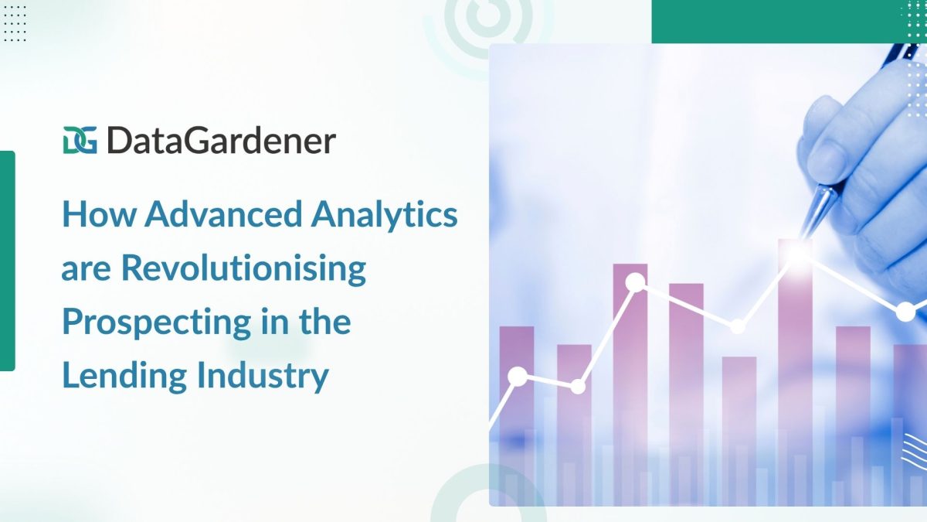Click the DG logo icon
(80, 140)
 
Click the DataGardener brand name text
(222, 141)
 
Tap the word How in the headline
(100, 214)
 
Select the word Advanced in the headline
(223, 214)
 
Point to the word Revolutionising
(244, 269)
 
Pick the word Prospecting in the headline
(157, 322)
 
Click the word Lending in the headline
(124, 376)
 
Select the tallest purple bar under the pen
(795, 372)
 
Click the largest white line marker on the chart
(635, 283)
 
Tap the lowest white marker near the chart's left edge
(518, 377)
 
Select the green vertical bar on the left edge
(8, 261)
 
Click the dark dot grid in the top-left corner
(15, 24)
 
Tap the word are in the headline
(86, 271)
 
